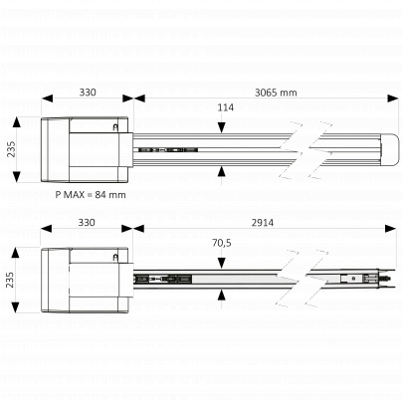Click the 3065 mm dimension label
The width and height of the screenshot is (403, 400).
click(276, 93)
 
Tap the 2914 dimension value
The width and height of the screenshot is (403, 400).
click(263, 223)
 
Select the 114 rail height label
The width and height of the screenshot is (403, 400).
click(226, 107)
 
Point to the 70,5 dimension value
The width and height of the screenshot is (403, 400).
click(222, 243)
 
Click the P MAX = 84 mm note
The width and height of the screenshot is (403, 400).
click(91, 195)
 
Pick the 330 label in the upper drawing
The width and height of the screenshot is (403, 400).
click(88, 93)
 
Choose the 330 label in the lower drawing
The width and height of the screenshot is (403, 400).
click(87, 222)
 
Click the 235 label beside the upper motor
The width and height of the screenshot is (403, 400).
click(11, 149)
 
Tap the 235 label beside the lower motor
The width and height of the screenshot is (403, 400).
click(10, 280)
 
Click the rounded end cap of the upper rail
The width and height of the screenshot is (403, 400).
click(390, 149)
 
